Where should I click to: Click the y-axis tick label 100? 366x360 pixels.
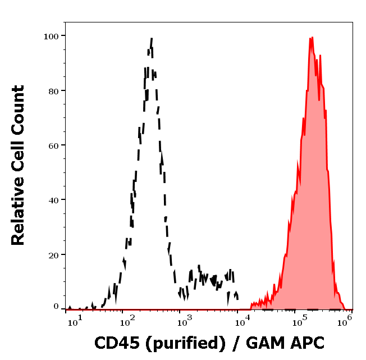51,36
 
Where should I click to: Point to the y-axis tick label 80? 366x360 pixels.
53,90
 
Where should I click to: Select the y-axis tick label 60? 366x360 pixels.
53,145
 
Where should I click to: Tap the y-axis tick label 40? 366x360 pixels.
53,200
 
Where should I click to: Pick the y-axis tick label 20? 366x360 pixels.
53,254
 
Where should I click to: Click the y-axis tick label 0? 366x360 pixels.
56,307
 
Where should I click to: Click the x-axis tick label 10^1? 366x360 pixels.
77,320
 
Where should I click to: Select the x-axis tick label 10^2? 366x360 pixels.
127,320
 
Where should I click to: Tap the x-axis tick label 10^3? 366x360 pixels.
185,320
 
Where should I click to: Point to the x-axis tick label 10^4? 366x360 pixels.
243,320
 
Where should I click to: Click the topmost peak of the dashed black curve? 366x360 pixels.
152,39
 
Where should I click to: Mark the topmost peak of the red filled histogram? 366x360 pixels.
310,38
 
